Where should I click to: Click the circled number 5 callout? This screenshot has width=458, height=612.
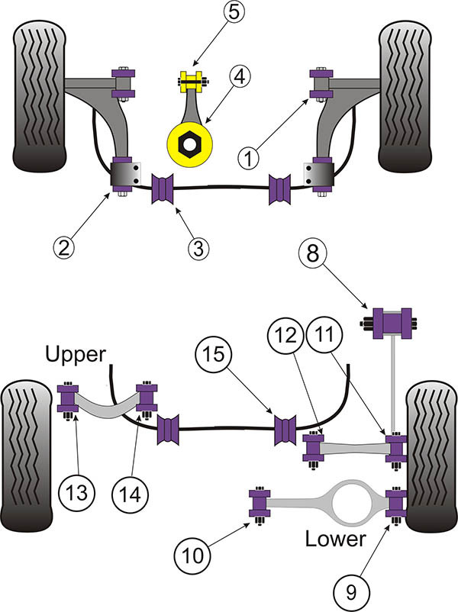pyautogui.click(x=234, y=12)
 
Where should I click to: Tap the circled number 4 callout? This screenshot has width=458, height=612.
pyautogui.click(x=240, y=77)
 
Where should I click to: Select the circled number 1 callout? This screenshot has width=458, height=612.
pyautogui.click(x=248, y=159)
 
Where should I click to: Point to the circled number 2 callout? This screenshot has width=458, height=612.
pyautogui.click(x=63, y=247)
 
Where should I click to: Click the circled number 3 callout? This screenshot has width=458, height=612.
pyautogui.click(x=198, y=248)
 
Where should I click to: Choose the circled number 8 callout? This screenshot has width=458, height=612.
pyautogui.click(x=313, y=254)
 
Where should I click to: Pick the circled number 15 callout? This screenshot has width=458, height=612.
pyautogui.click(x=213, y=354)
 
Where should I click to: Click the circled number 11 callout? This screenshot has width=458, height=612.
pyautogui.click(x=324, y=335)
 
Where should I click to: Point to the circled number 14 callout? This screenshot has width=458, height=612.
pyautogui.click(x=131, y=495)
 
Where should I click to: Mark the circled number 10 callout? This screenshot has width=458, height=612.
pyautogui.click(x=192, y=556)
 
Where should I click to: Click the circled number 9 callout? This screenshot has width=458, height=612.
pyautogui.click(x=351, y=592)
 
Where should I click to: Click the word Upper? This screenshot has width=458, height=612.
pyautogui.click(x=76, y=354)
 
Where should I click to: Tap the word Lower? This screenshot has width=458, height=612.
pyautogui.click(x=335, y=539)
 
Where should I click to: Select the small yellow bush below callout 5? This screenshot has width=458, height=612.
pyautogui.click(x=192, y=82)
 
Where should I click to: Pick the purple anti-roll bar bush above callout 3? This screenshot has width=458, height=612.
pyautogui.click(x=163, y=189)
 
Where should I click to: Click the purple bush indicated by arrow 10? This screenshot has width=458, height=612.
pyautogui.click(x=260, y=506)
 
